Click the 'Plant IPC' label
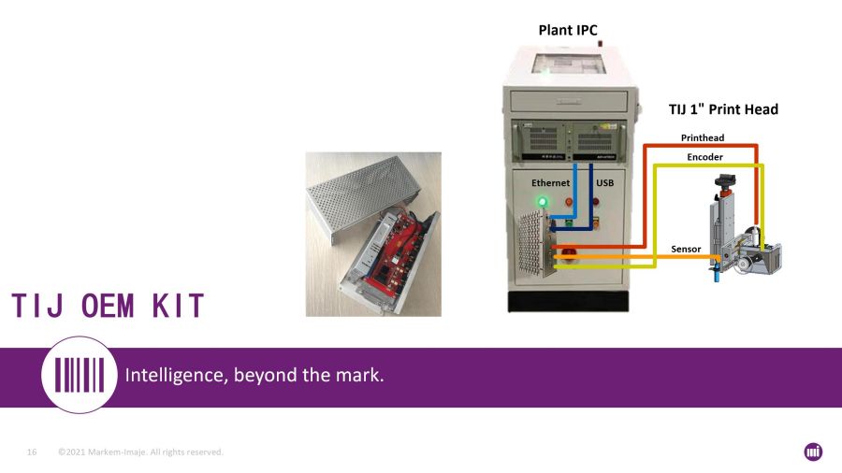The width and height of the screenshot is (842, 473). (568, 30)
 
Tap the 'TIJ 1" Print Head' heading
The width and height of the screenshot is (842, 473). (723, 109)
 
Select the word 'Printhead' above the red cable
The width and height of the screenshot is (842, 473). (703, 137)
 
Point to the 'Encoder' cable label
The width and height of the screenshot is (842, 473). (704, 157)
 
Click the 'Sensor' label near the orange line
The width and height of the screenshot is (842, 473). (686, 249)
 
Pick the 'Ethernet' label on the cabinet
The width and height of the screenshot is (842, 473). (550, 183)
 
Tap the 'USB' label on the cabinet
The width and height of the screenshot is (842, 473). (604, 183)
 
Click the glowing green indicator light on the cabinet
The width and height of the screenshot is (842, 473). (543, 202)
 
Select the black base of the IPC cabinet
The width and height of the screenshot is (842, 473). (568, 301)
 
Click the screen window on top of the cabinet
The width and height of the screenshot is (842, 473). (569, 64)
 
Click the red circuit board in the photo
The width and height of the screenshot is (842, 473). (391, 247)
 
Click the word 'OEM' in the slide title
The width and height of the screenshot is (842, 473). (108, 306)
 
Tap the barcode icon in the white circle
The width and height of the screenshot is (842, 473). (80, 375)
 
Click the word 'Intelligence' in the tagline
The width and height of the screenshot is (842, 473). (176, 375)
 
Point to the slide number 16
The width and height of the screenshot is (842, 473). (32, 452)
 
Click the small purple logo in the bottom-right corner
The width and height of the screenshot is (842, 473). (813, 452)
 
